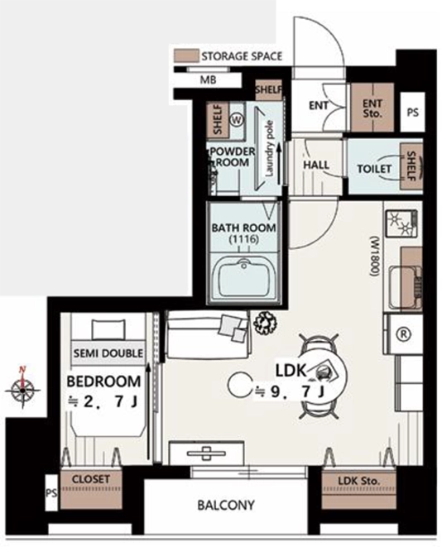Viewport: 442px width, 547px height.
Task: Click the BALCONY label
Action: tap(226, 505)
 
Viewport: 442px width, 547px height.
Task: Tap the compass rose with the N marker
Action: tap(22, 388)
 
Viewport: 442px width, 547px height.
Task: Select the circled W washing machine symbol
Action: tap(237, 120)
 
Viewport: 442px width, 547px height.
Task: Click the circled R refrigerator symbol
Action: tap(403, 334)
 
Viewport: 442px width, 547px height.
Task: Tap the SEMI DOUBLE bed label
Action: tap(108, 353)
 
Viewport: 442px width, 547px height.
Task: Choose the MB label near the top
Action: tap(208, 80)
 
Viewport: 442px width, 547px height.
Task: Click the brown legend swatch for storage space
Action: tap(187, 55)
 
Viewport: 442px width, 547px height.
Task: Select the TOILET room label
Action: tap(374, 169)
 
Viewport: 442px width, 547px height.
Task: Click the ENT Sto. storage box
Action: tap(372, 108)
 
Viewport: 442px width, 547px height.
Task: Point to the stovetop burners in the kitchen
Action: tap(401, 223)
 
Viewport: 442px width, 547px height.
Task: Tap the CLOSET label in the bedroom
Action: tap(91, 479)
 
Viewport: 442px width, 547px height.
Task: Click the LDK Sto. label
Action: tap(358, 481)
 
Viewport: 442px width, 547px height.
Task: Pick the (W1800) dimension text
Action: tap(374, 257)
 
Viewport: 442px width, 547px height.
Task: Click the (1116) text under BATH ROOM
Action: tap(244, 240)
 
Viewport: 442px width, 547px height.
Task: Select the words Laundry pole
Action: tap(270, 149)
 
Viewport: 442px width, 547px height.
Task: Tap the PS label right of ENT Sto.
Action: tap(413, 113)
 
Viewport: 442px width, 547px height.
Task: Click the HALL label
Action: tap(316, 165)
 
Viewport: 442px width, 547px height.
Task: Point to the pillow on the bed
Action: tap(108, 329)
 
